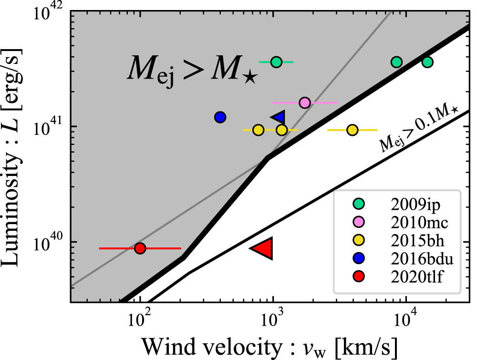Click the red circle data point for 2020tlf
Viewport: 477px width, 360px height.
140,248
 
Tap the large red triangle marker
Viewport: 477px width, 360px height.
264,248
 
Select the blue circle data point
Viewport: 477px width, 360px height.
220,117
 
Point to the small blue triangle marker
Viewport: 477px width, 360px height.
279,117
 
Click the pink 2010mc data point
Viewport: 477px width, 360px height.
305,103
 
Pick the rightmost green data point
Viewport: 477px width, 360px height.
427,62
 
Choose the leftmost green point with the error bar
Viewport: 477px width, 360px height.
276,62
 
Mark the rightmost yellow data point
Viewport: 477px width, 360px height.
353,130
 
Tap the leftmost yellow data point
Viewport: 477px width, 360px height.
258,130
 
